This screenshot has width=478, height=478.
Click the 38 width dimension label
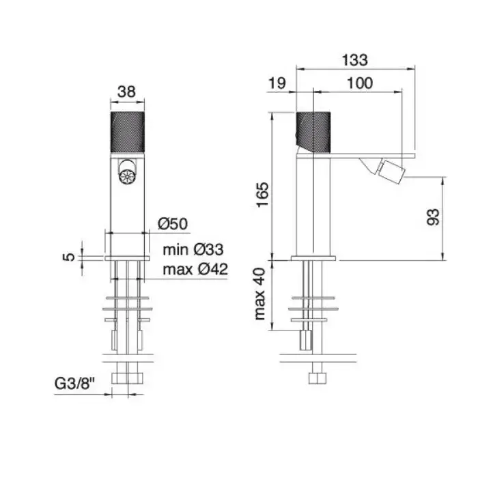(126, 91)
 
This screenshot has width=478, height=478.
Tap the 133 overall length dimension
(355, 60)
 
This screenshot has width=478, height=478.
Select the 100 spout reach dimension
(360, 83)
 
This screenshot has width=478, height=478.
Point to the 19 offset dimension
(277, 83)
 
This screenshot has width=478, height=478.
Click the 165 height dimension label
(263, 195)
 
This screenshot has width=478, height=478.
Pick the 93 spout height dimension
(433, 217)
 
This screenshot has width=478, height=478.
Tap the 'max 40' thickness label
(260, 294)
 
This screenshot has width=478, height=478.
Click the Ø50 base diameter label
(173, 224)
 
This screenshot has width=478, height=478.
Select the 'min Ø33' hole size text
(193, 250)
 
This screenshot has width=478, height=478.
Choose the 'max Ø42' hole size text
(195, 270)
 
